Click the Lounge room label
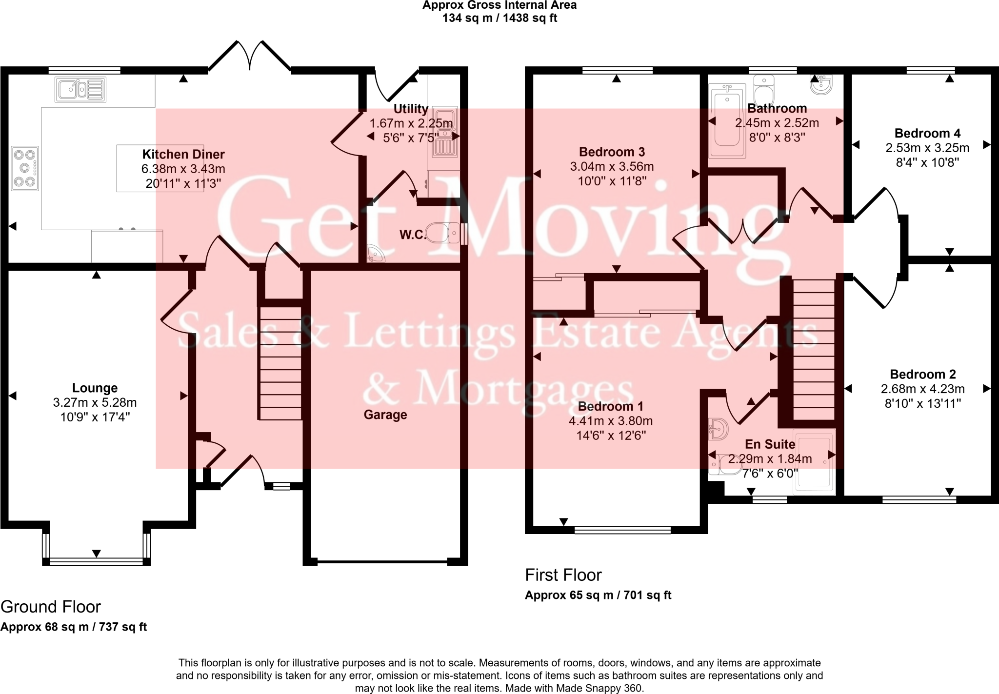point(95,388)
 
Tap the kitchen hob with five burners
point(25,169)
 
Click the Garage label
point(385,415)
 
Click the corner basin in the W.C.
point(375,254)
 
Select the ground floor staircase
point(280,363)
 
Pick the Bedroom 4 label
point(927,133)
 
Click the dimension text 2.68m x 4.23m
point(922,389)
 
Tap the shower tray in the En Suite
point(814,461)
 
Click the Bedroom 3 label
point(612,152)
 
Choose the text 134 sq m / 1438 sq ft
point(499,18)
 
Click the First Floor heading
point(563,575)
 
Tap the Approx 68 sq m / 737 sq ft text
point(74,627)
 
